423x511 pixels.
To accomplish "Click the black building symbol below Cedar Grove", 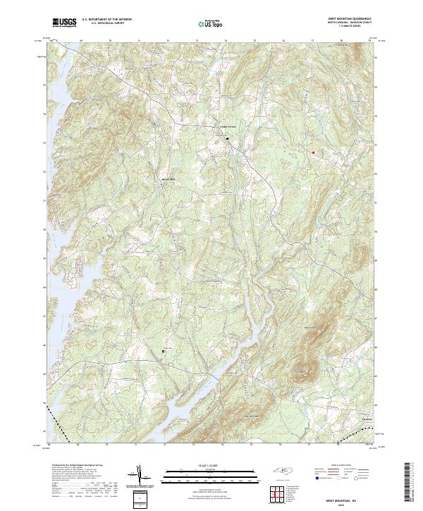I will pyautogui.click(x=228, y=139).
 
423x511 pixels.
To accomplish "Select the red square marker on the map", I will pyautogui.click(x=313, y=152).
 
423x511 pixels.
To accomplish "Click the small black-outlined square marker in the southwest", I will pyautogui.click(x=164, y=351).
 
